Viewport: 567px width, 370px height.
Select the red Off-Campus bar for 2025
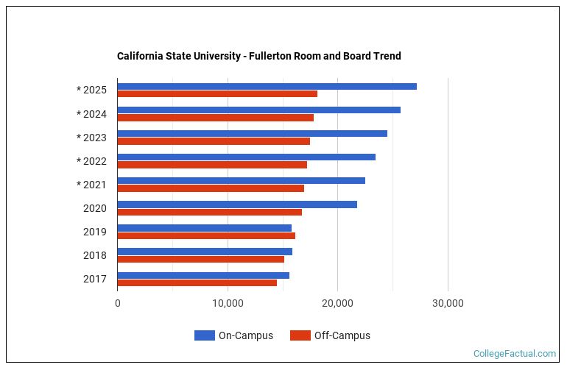217,94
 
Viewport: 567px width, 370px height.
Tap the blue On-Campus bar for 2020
237,204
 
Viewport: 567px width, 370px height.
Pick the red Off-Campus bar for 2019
206,235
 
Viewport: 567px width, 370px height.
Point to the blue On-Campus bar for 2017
203,275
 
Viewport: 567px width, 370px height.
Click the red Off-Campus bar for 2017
197,282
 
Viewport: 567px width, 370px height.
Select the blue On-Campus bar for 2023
252,134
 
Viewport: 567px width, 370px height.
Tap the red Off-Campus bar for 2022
212,165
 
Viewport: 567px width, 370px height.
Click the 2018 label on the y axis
95,255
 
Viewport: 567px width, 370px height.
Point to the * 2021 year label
91,185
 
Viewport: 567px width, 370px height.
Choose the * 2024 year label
91,114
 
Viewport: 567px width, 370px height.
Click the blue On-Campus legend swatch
204,335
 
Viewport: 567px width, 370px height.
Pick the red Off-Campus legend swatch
300,335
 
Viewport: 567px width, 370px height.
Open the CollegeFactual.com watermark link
514,354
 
